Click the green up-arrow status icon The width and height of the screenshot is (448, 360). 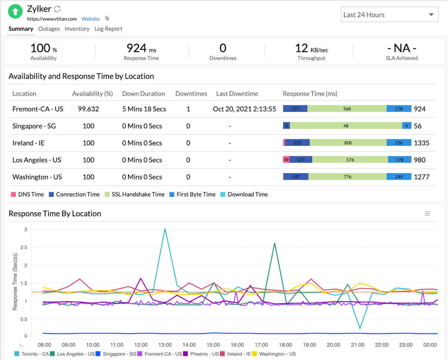click(x=15, y=12)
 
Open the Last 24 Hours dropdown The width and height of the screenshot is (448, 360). click(x=389, y=15)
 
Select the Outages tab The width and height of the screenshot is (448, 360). click(x=49, y=29)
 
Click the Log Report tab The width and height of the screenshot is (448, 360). click(x=108, y=29)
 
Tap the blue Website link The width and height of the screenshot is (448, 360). click(x=91, y=19)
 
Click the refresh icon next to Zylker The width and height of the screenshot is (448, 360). click(x=57, y=9)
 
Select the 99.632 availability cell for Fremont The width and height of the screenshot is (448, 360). click(x=88, y=109)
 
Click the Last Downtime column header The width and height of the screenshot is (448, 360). click(x=237, y=94)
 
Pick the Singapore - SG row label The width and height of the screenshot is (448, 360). click(x=34, y=126)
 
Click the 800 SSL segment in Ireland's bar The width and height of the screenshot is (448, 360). click(x=348, y=143)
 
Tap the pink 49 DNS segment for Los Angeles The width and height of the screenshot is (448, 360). click(x=286, y=160)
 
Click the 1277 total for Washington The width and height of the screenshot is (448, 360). click(x=421, y=177)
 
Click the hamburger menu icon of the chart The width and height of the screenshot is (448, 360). click(x=427, y=213)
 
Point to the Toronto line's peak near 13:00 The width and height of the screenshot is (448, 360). click(x=165, y=229)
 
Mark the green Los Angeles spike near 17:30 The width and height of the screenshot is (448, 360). click(x=274, y=243)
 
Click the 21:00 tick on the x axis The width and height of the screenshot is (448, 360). click(x=358, y=345)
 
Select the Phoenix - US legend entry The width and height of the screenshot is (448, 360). click(x=204, y=354)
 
